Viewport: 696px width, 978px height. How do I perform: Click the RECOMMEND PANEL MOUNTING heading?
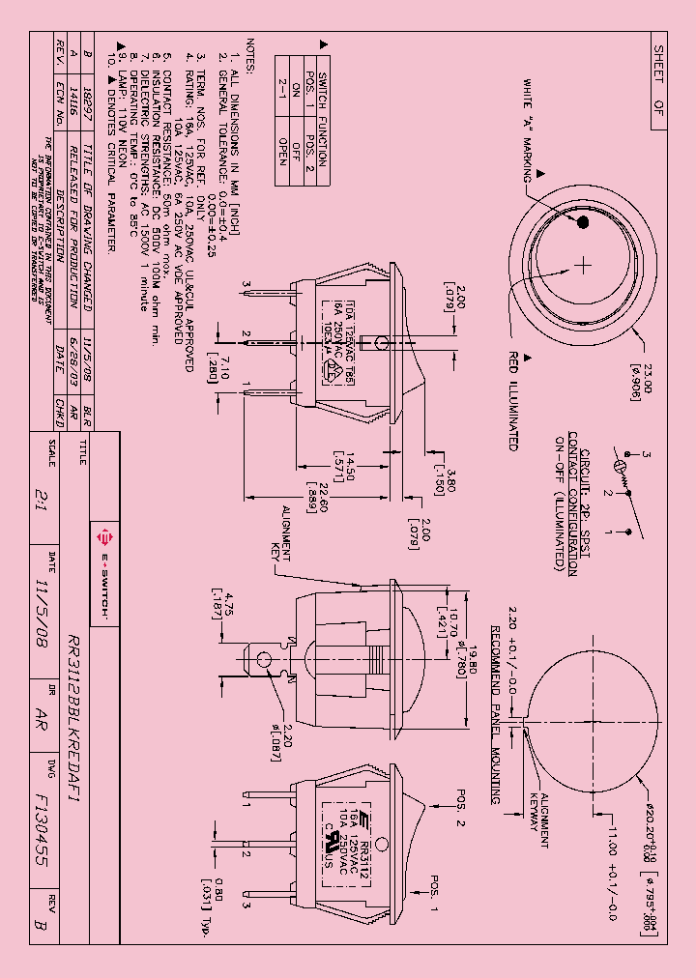[495, 713]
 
